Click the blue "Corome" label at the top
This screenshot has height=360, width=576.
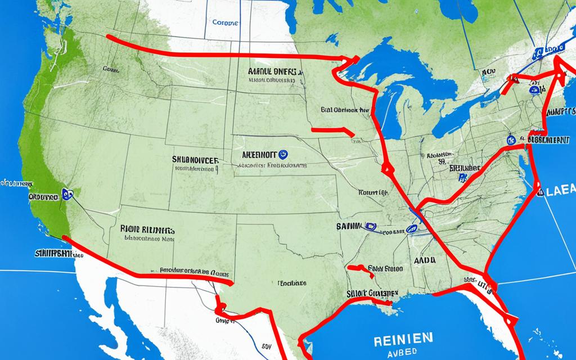tap(225, 24)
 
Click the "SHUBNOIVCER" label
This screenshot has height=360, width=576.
tap(195, 160)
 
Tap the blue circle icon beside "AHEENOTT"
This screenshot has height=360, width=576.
tap(282, 152)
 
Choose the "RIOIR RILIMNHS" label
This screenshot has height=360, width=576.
tap(147, 230)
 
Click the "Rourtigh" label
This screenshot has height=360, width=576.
tap(373, 192)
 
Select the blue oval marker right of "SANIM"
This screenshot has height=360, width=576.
tap(370, 227)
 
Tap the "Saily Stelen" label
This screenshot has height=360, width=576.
tap(385, 269)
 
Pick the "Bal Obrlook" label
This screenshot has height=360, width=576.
tap(345, 110)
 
